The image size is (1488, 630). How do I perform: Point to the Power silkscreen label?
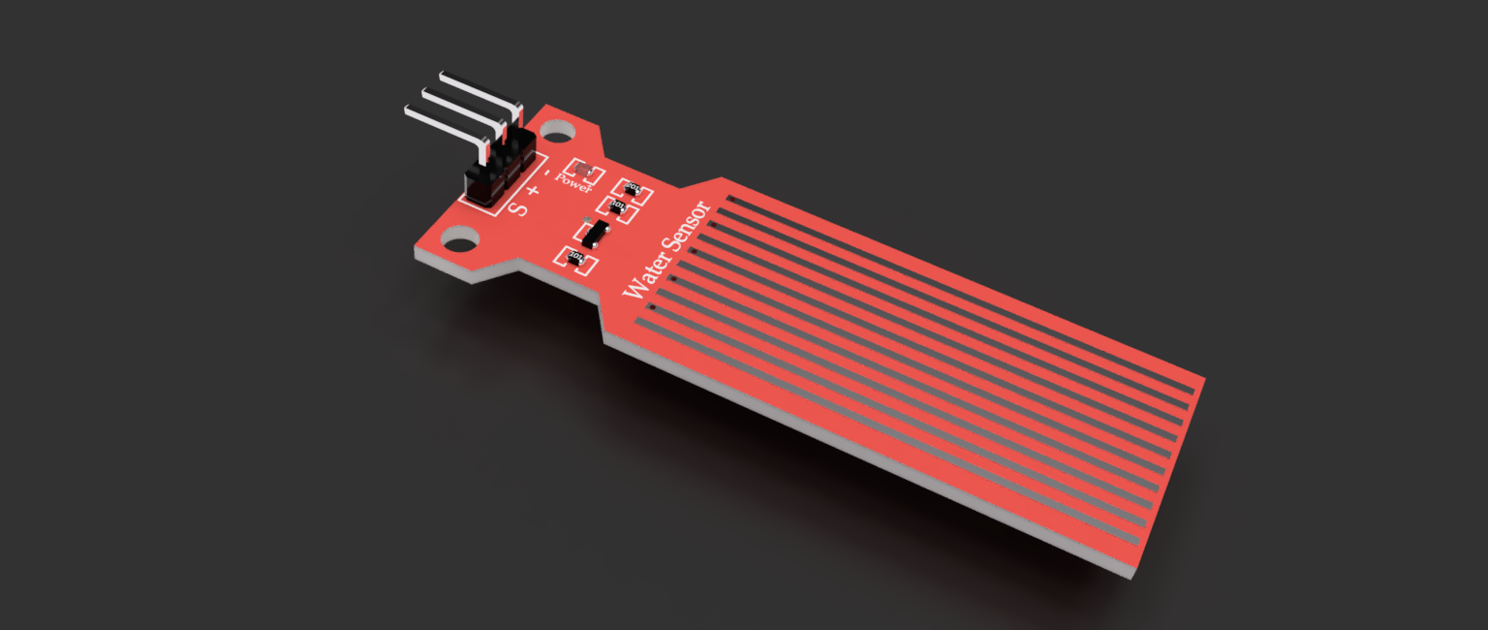coord(574,183)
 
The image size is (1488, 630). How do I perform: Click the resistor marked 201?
coord(634,188)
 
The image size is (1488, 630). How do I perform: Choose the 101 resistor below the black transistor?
coord(574,257)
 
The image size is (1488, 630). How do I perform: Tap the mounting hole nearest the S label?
coord(460,236)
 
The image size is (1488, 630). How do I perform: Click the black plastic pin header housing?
coord(496,171)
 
